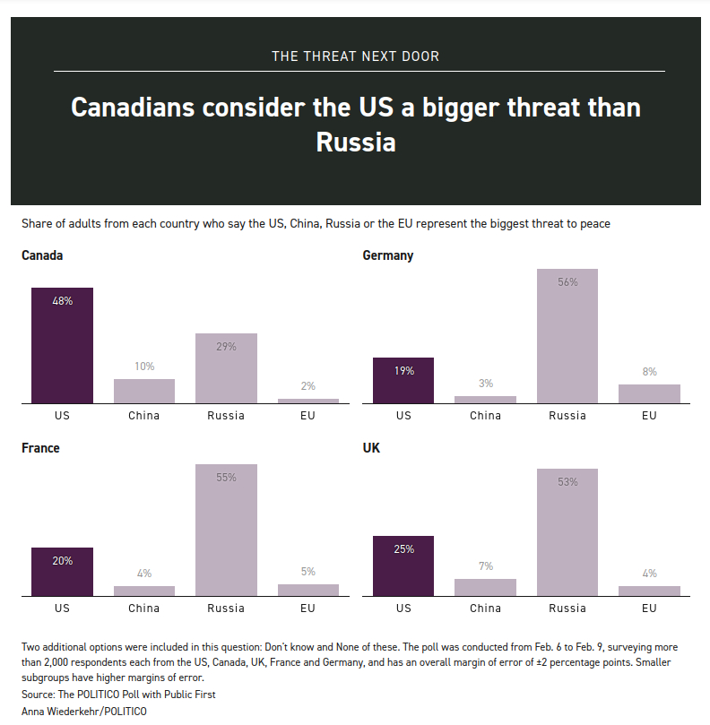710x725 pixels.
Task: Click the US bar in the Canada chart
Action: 62,345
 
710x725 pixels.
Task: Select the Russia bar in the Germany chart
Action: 567,336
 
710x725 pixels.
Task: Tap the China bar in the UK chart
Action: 485,587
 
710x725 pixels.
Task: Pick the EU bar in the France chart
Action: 308,590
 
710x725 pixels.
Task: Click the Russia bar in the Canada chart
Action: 226,368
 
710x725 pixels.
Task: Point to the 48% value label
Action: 62,301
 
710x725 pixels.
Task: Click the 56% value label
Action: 567,281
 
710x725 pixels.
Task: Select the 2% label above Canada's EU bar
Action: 308,386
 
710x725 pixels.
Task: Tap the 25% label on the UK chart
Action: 403,549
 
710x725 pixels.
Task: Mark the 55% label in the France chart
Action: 226,478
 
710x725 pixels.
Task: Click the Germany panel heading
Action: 387,255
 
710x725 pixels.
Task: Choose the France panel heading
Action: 40,447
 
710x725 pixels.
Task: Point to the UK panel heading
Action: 371,447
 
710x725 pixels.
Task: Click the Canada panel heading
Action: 42,255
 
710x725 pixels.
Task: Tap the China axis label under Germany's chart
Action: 485,416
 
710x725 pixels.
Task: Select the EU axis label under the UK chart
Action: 649,608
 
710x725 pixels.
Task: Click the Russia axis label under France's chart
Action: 226,608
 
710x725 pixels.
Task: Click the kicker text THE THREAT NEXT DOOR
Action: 356,56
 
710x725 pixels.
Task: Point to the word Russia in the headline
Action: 356,142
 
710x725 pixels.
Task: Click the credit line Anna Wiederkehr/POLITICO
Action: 84,712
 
